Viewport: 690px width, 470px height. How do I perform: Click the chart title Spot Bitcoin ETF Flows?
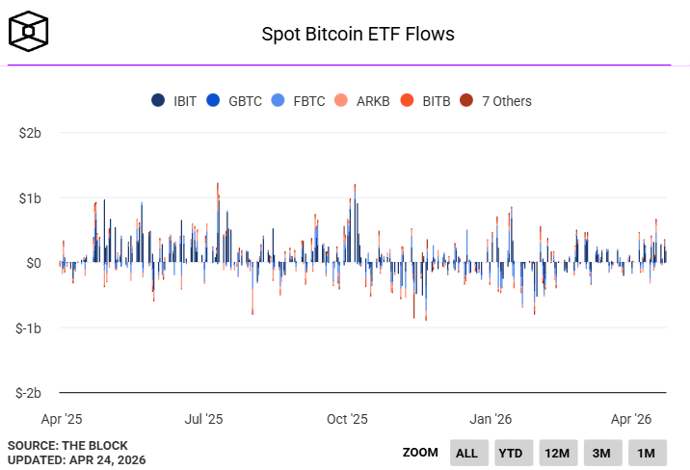pyautogui.click(x=358, y=34)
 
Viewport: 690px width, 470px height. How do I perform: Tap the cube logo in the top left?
pyautogui.click(x=28, y=33)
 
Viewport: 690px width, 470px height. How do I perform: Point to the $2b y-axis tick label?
pyautogui.click(x=30, y=132)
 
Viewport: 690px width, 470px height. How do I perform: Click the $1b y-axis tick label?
pyautogui.click(x=30, y=197)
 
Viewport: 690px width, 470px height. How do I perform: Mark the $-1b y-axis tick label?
pyautogui.click(x=28, y=327)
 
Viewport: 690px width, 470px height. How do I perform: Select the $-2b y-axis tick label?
pyautogui.click(x=28, y=393)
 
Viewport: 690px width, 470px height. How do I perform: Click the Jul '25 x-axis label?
pyautogui.click(x=203, y=419)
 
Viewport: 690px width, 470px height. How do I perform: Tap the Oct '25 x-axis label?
pyautogui.click(x=347, y=419)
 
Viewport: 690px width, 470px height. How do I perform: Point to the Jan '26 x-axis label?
pyautogui.click(x=491, y=419)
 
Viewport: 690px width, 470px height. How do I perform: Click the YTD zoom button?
pyautogui.click(x=512, y=453)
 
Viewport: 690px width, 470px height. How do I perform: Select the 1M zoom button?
pyautogui.click(x=646, y=453)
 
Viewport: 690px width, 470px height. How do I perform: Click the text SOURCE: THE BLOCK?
pyautogui.click(x=60, y=445)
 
